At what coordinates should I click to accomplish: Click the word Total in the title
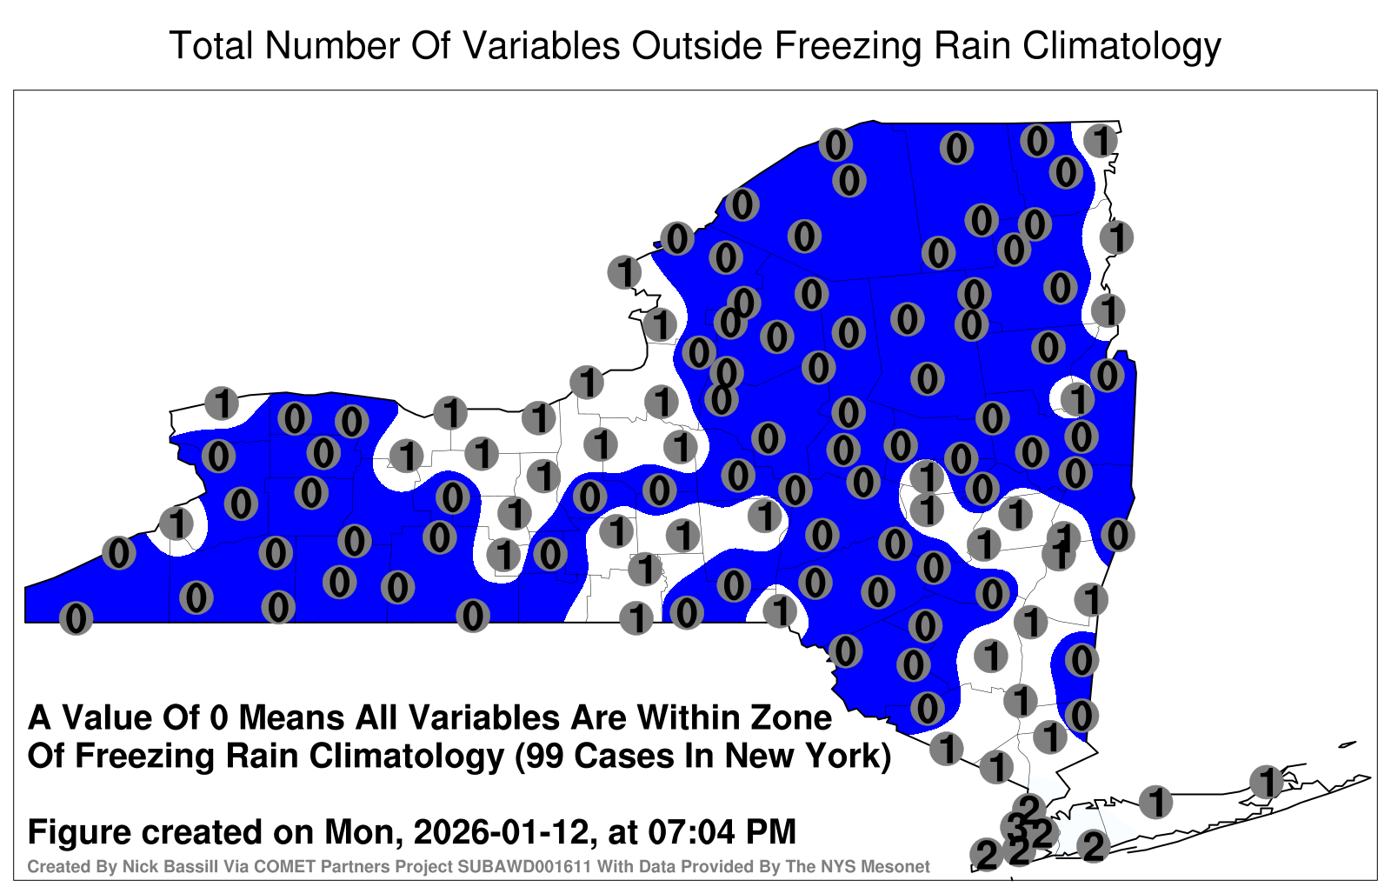211,45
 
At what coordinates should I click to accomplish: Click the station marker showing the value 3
1016,827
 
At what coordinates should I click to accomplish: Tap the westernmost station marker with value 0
76,618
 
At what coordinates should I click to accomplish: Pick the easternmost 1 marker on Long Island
1266,782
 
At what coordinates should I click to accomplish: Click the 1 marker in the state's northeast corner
1101,140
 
